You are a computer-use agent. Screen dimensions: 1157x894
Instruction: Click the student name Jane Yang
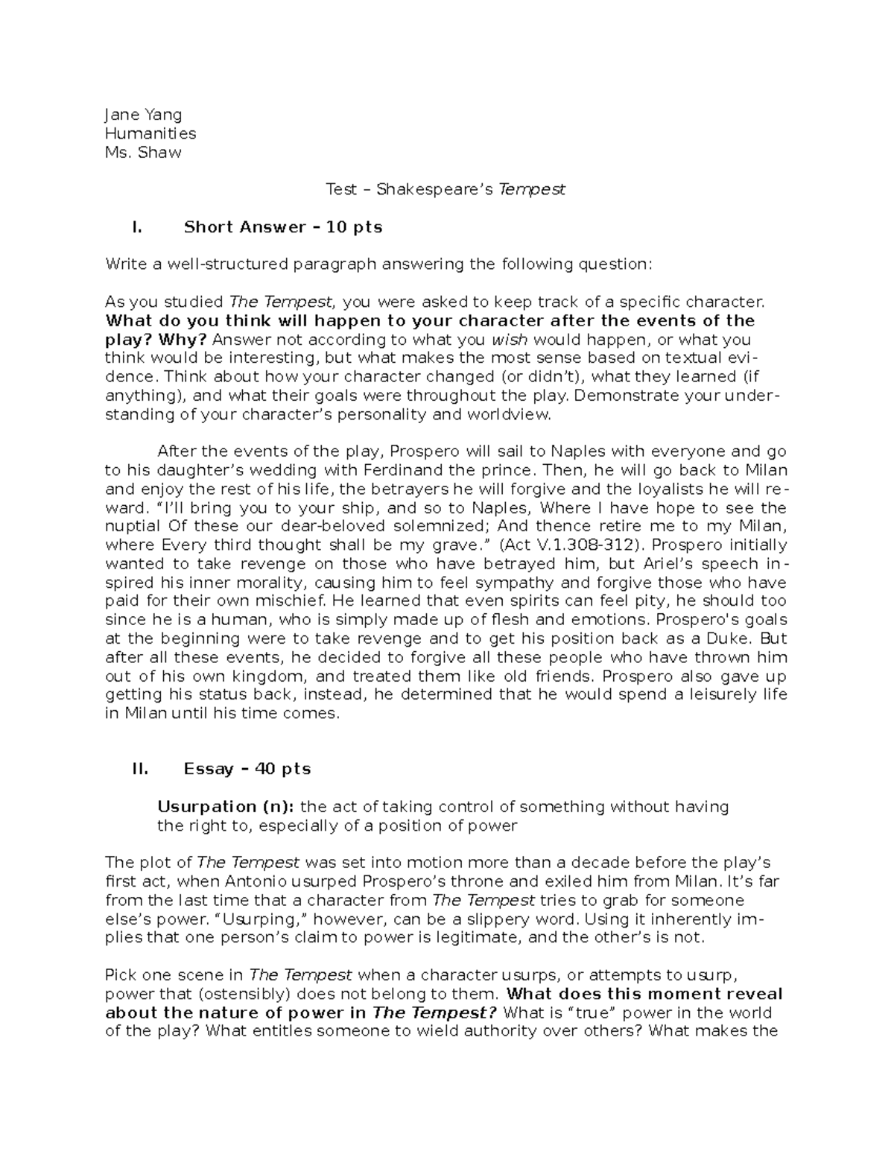tap(143, 115)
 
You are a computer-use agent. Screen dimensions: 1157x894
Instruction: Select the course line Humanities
tap(150, 134)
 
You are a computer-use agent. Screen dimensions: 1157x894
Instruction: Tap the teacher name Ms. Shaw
tap(143, 153)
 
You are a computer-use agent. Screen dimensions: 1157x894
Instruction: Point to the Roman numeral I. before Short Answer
tap(136, 227)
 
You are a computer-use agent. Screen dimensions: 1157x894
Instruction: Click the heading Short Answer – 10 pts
tap(283, 227)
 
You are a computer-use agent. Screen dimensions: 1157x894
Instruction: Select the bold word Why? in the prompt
tap(183, 340)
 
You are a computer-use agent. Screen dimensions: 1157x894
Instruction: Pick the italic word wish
tap(508, 340)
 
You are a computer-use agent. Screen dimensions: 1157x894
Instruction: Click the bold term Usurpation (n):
tap(225, 807)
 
